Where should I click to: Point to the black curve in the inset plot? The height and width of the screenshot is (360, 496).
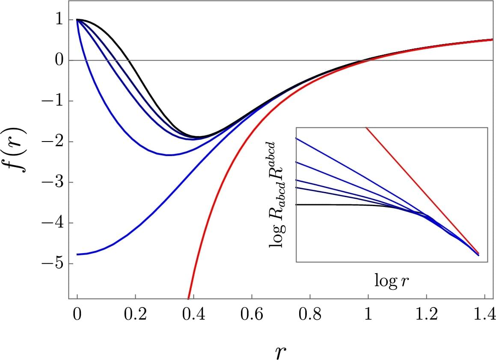tap(342, 205)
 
